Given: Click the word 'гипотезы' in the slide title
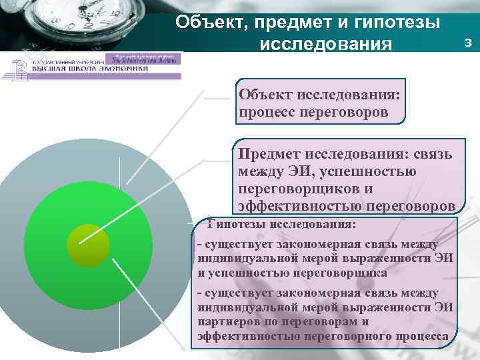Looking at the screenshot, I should (395, 23).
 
